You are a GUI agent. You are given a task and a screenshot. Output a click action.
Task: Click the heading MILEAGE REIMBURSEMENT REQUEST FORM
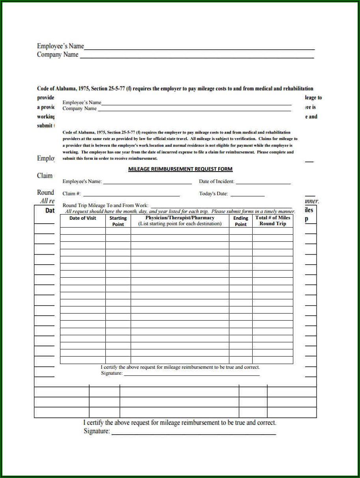180,169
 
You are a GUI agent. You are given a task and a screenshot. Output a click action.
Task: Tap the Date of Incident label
216,181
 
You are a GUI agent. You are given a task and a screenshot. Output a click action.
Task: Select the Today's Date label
213,194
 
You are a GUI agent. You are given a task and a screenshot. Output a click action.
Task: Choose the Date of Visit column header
82,218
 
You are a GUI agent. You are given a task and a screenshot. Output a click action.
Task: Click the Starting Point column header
118,221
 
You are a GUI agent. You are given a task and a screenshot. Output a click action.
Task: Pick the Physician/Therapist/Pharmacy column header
180,218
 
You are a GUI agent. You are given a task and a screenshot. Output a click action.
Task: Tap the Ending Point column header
240,221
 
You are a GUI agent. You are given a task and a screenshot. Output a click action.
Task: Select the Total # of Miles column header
272,218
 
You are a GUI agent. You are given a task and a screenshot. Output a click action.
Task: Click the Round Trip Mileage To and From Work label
105,205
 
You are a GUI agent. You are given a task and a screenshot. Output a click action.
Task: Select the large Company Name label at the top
58,54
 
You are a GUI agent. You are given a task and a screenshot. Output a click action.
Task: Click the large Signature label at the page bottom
97,431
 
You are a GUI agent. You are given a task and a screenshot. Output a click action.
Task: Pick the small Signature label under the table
112,373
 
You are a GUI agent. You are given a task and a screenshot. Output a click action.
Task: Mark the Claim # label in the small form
71,194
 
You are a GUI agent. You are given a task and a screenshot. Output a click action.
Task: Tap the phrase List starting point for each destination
180,224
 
